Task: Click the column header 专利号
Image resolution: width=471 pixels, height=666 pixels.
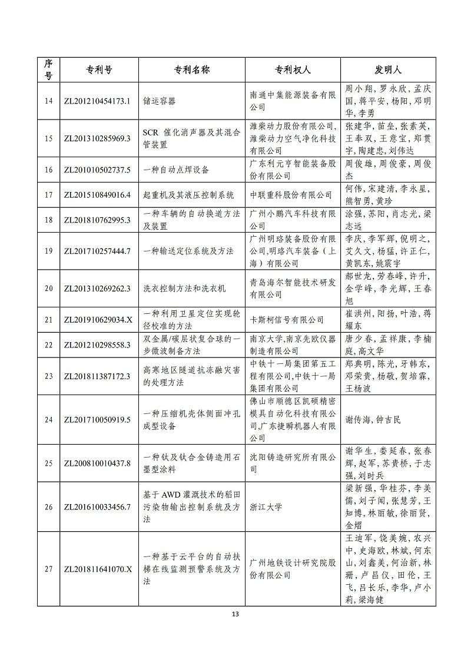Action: click(97, 69)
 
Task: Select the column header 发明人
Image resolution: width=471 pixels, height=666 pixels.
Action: click(388, 69)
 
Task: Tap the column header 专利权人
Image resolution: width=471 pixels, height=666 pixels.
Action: click(293, 69)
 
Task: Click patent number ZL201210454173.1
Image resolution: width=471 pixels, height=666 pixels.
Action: click(97, 101)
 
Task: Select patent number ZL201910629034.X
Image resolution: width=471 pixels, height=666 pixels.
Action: click(97, 320)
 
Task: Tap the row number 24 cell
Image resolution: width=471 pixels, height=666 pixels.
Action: click(48, 419)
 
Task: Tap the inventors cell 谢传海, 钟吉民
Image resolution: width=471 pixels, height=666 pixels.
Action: click(372, 419)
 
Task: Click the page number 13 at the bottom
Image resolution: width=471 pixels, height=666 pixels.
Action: click(235, 615)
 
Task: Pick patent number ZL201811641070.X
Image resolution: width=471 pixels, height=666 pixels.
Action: click(97, 569)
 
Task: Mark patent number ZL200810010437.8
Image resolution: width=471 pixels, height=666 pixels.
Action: click(97, 463)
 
